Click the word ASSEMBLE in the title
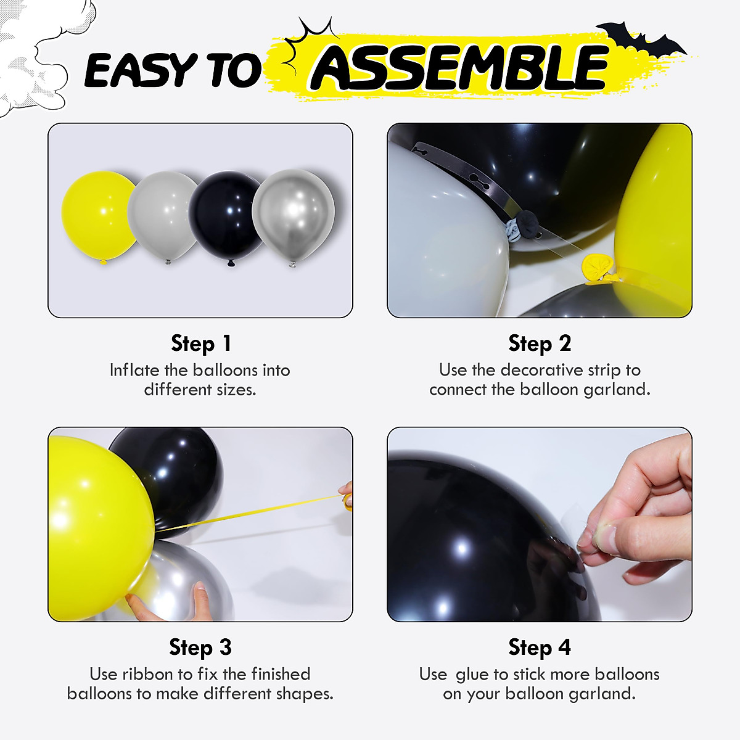(x=459, y=68)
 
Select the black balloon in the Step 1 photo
(x=227, y=216)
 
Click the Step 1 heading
(x=200, y=343)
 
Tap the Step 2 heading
(x=540, y=343)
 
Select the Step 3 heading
(x=200, y=647)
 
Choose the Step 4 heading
(x=540, y=647)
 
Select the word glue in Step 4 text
(x=472, y=675)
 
